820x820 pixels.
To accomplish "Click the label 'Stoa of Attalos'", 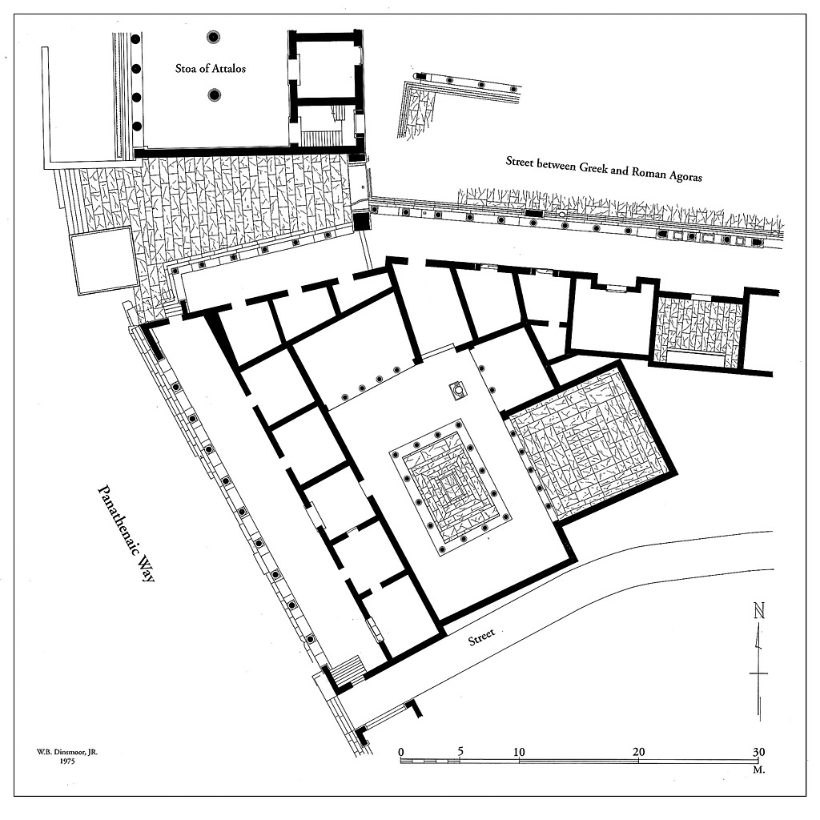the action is pyautogui.click(x=211, y=69).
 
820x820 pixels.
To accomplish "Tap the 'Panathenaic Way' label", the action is pyautogui.click(x=126, y=533).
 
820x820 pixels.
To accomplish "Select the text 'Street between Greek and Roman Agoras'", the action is pyautogui.click(x=604, y=168).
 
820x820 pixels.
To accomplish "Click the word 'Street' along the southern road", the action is pyautogui.click(x=481, y=637).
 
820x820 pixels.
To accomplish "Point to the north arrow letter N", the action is pyautogui.click(x=759, y=611).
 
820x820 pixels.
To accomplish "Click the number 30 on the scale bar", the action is pyautogui.click(x=758, y=752).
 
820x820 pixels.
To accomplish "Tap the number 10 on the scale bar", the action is pyautogui.click(x=518, y=752).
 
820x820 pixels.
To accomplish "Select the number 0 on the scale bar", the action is pyautogui.click(x=401, y=753).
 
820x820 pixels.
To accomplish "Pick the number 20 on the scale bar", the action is pyautogui.click(x=638, y=752).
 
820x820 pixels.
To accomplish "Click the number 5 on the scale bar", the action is pyautogui.click(x=460, y=751).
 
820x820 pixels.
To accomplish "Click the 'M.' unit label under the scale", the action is pyautogui.click(x=759, y=770).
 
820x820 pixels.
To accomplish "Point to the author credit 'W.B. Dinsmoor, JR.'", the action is pyautogui.click(x=67, y=752).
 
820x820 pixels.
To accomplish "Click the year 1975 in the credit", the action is pyautogui.click(x=67, y=762).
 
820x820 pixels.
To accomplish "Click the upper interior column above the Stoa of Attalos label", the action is pyautogui.click(x=213, y=37).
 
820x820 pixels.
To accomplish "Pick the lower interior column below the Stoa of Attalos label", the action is pyautogui.click(x=214, y=95).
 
